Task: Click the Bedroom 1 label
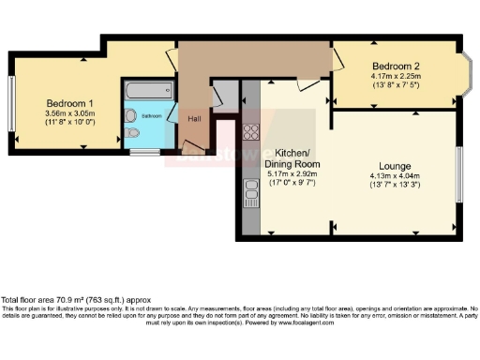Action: [x=70, y=102]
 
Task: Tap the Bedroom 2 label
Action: [x=395, y=66]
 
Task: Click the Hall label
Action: [x=194, y=118]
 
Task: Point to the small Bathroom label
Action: [x=151, y=116]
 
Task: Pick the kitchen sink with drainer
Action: [x=251, y=193]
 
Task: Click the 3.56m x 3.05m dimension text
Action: [x=70, y=112]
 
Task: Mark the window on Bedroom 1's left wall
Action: [x=11, y=104]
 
